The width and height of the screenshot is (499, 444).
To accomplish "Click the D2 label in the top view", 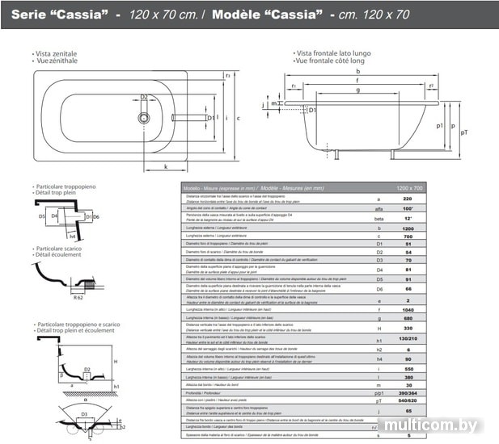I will click(x=144, y=97).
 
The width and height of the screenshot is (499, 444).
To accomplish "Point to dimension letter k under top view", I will click(x=166, y=167).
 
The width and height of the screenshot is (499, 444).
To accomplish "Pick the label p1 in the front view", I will click(x=440, y=126).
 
